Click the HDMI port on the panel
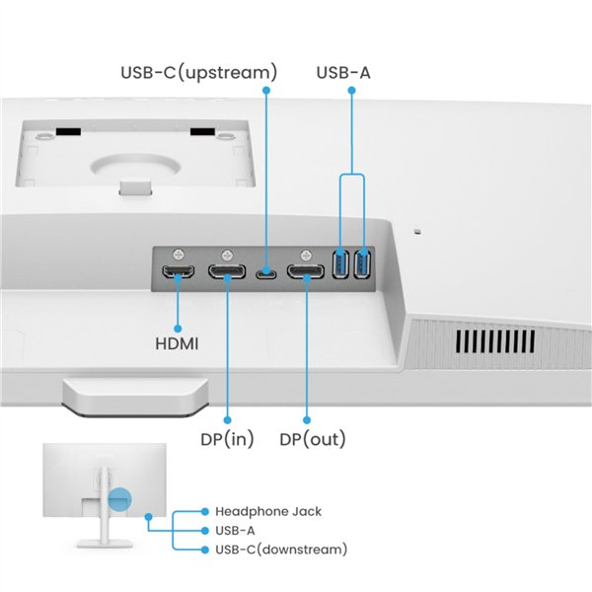point(178,271)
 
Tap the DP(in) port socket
point(227,271)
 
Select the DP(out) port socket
point(305,271)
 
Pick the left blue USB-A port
point(341,265)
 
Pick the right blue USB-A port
point(362,265)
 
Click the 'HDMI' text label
point(178,344)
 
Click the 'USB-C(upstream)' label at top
point(198,72)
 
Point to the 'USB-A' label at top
point(343,72)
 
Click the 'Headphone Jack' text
point(268,511)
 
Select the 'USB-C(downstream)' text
point(281,549)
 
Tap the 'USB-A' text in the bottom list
point(235,530)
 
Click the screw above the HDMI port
point(178,253)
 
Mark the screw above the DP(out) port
point(306,253)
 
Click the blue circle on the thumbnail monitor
point(120,500)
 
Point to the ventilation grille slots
point(495,340)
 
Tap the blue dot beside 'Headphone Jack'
point(204,511)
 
